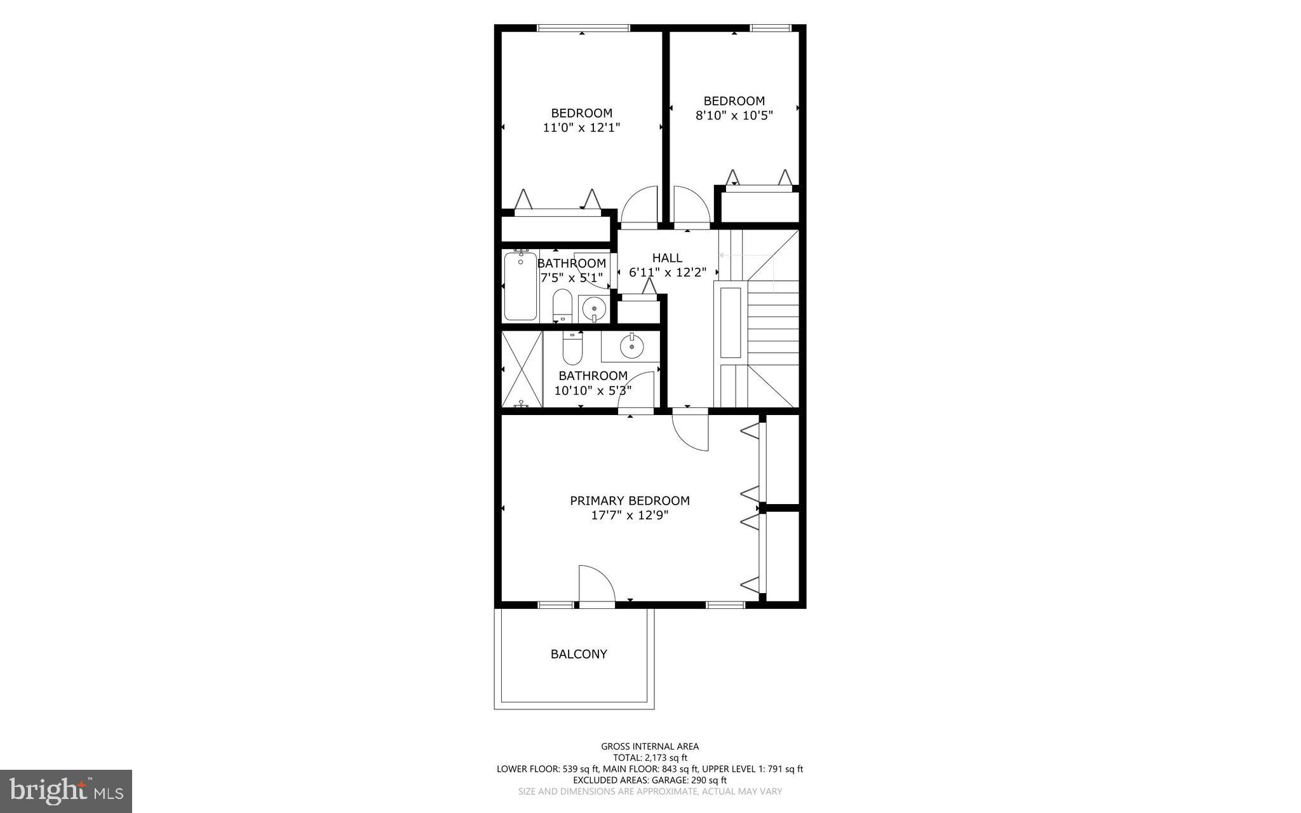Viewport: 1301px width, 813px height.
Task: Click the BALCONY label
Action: pos(579,654)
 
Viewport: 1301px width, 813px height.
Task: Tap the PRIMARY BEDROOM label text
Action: pos(630,501)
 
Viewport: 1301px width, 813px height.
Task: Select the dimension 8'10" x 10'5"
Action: pos(734,116)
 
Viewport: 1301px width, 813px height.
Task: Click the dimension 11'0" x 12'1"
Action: pos(581,128)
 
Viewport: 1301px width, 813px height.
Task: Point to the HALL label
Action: pos(667,257)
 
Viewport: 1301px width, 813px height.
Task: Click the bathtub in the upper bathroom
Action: pos(520,286)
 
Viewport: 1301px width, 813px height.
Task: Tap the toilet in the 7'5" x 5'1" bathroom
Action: pos(562,306)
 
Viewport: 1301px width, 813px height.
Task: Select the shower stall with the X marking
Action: pos(522,369)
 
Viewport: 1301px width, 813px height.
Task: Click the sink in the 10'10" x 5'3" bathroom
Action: pos(631,347)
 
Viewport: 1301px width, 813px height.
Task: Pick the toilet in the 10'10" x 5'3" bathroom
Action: pos(572,349)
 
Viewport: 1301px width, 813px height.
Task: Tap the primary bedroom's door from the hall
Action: pos(691,432)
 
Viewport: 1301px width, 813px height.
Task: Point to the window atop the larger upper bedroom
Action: pos(583,28)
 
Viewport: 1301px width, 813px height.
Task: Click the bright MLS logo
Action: pos(66,791)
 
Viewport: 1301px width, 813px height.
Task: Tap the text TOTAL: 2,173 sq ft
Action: pos(650,758)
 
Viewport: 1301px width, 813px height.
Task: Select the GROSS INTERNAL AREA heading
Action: pos(650,746)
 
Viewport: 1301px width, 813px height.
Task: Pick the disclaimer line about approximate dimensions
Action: pos(650,791)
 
